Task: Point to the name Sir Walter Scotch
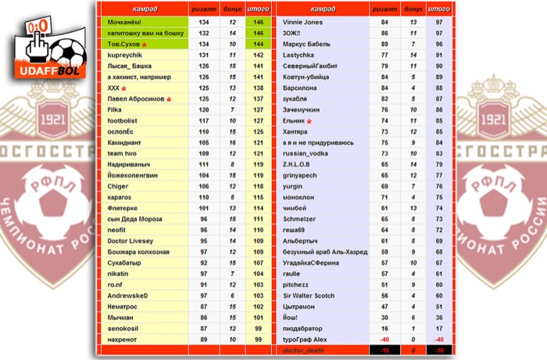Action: tap(309, 296)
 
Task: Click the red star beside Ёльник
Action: tap(309, 122)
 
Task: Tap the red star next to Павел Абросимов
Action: tap(169, 100)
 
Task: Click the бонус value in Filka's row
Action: tap(232, 111)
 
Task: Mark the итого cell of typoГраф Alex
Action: tap(439, 340)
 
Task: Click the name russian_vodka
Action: tap(306, 155)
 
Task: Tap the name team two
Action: tap(123, 155)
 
